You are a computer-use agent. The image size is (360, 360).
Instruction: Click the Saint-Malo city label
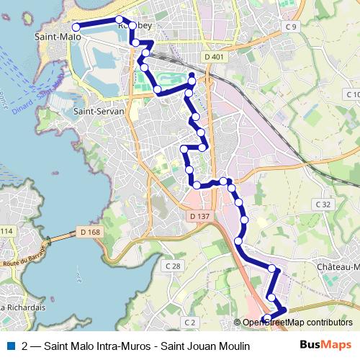coord(58,35)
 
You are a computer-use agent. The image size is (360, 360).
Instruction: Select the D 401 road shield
coord(214,57)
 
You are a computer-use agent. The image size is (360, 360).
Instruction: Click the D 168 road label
coord(89,232)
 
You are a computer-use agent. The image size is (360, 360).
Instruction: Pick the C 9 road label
coord(290,27)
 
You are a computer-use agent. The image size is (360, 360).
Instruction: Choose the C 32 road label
coord(323,204)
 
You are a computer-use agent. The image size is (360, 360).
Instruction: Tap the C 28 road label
coord(173,266)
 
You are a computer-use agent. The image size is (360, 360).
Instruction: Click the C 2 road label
coord(190,322)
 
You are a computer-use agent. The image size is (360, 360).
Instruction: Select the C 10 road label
coord(352,94)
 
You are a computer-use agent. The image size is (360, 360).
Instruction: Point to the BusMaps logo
coord(325,346)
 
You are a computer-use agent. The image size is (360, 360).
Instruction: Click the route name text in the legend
coord(135,346)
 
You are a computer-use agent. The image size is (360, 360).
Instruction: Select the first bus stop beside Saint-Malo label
coord(76,27)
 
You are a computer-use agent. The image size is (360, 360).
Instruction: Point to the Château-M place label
coord(337,266)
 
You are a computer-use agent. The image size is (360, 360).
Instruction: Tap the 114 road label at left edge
coord(6,230)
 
